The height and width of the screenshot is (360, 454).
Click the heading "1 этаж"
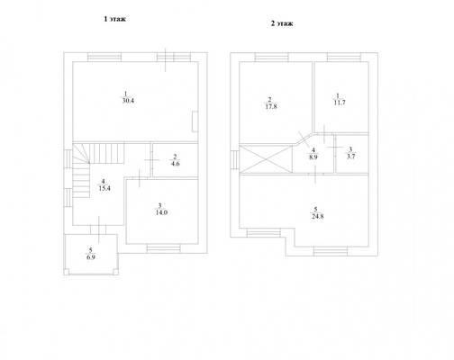click(114, 19)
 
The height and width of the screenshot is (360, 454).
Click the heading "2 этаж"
click(282, 23)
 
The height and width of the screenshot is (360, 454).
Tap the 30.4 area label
click(128, 101)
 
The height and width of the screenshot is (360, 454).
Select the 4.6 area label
click(175, 164)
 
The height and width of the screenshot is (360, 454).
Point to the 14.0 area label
click(161, 212)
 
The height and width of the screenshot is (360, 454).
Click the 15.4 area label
click(104, 188)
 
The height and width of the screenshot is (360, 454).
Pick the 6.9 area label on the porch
click(91, 257)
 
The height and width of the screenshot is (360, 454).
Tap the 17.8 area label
click(271, 106)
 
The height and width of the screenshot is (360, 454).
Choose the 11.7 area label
click(340, 103)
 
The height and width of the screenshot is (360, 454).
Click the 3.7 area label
click(350, 157)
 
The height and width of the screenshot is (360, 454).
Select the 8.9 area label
click(313, 157)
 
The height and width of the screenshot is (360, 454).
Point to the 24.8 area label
click(317, 216)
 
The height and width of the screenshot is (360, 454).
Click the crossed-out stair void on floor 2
click(266, 159)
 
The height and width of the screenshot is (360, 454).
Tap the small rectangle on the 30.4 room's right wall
click(195, 121)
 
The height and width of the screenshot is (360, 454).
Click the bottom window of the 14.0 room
click(164, 248)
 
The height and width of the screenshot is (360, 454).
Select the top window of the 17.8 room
click(271, 57)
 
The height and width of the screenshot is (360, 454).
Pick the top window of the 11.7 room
click(344, 57)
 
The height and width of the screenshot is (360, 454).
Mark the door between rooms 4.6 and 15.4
click(151, 160)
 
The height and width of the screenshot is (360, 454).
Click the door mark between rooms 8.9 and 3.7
click(335, 148)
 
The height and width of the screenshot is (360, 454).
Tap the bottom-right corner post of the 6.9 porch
click(115, 272)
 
